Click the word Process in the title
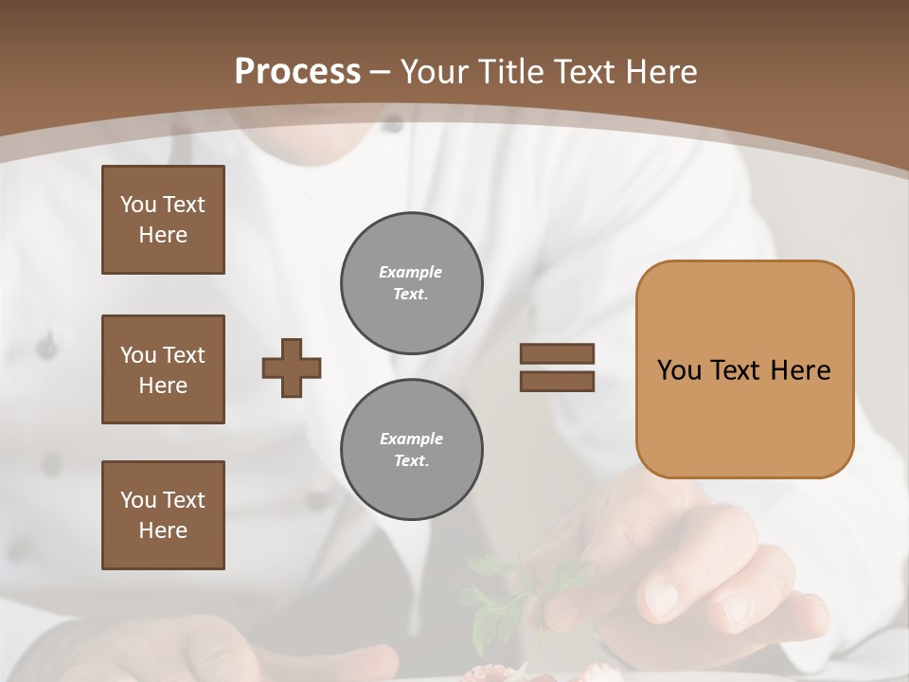(297, 72)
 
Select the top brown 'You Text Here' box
(163, 220)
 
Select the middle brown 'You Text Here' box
(163, 369)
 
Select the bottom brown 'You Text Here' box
(163, 515)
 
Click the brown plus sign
(292, 368)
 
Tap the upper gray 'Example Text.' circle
(411, 283)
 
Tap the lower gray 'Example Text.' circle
(411, 450)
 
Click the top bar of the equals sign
(557, 354)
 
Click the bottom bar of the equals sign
(557, 381)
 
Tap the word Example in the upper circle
(410, 272)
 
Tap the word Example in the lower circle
(411, 439)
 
